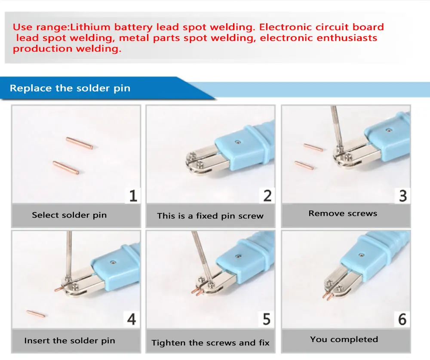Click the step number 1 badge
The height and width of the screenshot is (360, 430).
(x=133, y=196)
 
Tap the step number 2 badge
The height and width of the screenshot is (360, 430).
(x=267, y=196)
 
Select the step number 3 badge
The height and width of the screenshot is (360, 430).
(x=402, y=196)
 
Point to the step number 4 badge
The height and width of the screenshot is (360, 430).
(x=132, y=320)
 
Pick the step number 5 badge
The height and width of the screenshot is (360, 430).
(x=267, y=320)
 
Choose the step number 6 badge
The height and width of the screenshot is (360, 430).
(x=402, y=320)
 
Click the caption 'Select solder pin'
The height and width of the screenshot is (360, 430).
(x=69, y=215)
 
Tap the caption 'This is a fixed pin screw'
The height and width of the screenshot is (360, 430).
(x=210, y=216)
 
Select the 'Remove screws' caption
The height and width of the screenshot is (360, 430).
(x=343, y=213)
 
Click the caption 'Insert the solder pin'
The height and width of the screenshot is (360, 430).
(x=70, y=341)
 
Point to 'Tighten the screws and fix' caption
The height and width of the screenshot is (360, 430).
(x=210, y=343)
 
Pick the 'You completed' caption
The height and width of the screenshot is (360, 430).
(x=344, y=339)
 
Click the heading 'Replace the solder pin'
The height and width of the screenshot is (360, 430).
(x=70, y=89)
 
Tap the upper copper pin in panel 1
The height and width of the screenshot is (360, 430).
(x=80, y=143)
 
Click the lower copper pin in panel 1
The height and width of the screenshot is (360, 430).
(x=66, y=167)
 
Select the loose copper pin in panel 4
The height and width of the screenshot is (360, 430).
(x=35, y=314)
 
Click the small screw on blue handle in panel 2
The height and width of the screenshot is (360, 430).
(x=237, y=141)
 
